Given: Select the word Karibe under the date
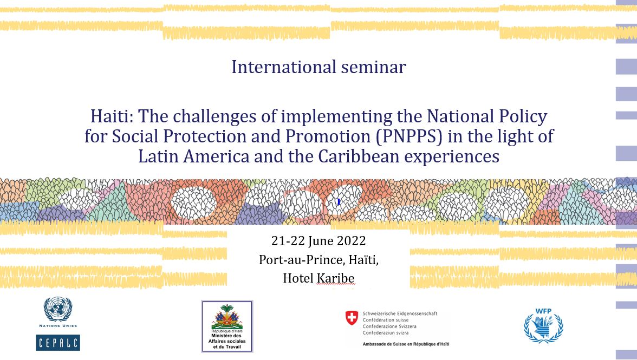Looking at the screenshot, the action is click(x=336, y=278).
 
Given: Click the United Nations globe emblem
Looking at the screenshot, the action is click(x=57, y=309).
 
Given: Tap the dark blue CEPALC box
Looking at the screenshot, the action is click(x=57, y=343).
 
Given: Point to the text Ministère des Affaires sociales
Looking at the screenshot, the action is click(x=227, y=338).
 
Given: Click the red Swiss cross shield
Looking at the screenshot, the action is click(x=352, y=318).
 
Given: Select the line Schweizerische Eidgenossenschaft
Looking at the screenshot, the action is click(x=400, y=313).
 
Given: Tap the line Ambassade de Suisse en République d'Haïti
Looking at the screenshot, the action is click(x=406, y=344).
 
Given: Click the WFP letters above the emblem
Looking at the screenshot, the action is click(x=543, y=311).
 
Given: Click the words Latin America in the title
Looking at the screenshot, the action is click(x=194, y=156).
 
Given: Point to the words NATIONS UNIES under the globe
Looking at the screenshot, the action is click(x=57, y=325).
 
